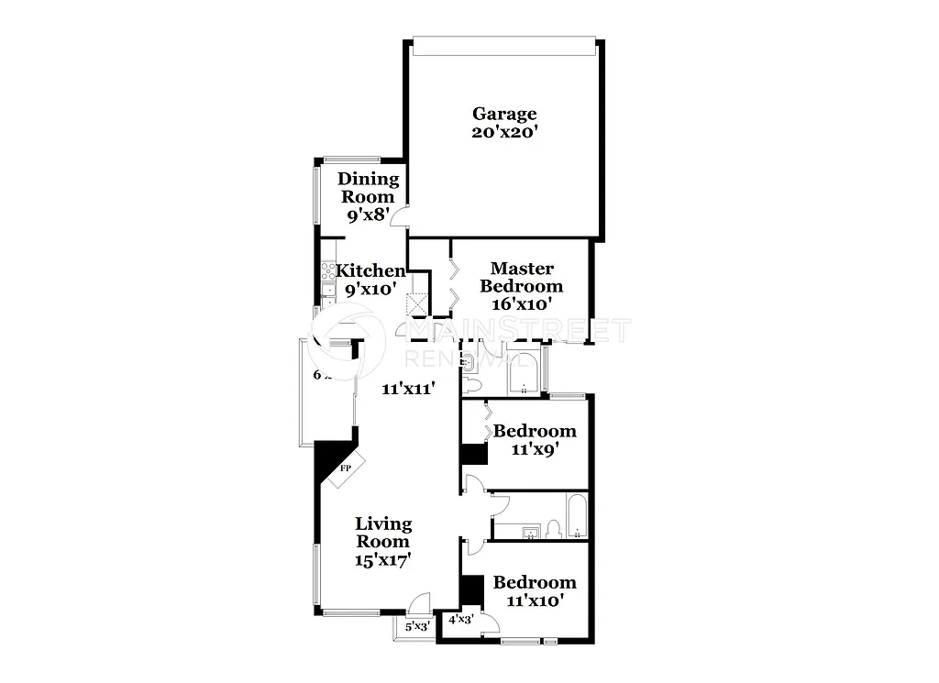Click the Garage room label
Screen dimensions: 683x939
point(504,114)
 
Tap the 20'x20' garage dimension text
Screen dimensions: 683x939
point(504,132)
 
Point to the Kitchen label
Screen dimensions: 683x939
point(370,270)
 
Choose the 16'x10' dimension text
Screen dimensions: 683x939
point(522,303)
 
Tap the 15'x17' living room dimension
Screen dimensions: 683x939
point(383,559)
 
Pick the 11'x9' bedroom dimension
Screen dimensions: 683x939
point(536,450)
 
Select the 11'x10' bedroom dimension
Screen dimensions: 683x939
point(536,600)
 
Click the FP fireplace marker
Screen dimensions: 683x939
point(346,469)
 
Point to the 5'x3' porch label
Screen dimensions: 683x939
point(417,626)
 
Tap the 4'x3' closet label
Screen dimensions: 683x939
point(460,620)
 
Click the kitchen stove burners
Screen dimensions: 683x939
point(326,271)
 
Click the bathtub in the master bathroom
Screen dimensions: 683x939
point(523,374)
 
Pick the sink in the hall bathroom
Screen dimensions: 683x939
point(529,532)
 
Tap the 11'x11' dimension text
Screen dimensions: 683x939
point(408,388)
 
